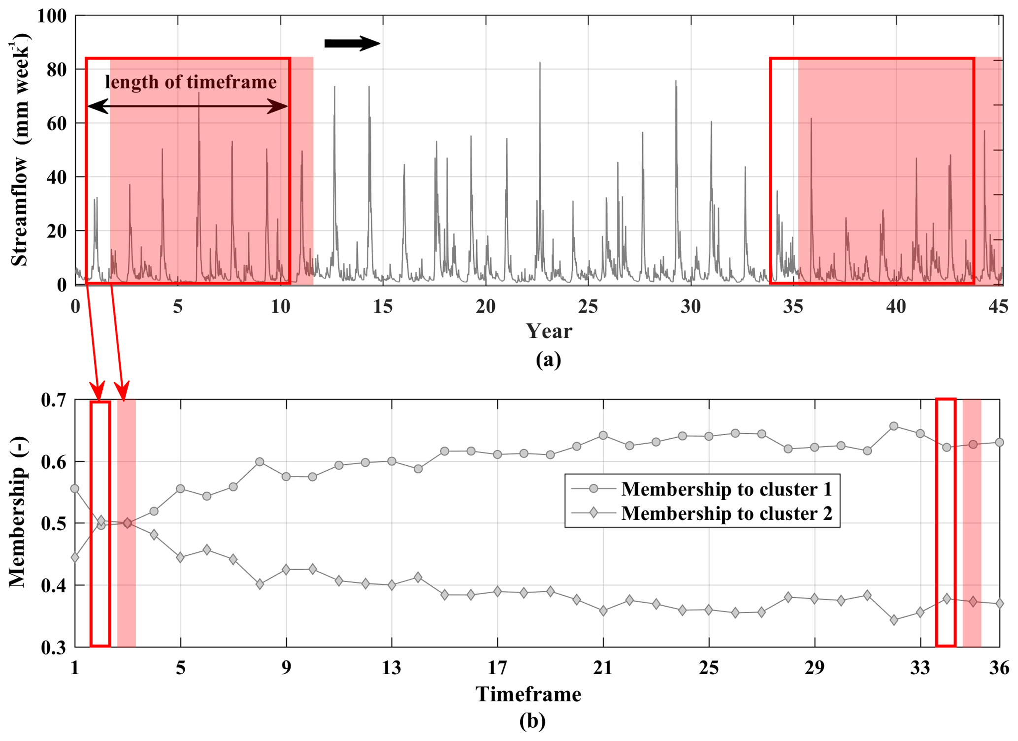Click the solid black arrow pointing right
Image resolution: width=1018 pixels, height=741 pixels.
pos(352,43)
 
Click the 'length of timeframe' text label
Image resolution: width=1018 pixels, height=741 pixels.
pos(191,82)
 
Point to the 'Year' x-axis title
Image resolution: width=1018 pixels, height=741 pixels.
pos(549,331)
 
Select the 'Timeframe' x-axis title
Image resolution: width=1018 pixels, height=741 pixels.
pos(528,694)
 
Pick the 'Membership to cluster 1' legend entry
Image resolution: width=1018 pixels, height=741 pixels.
pos(726,489)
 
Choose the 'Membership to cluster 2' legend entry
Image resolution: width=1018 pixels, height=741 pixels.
pos(726,513)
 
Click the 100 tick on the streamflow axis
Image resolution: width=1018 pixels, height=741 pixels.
pos(51,16)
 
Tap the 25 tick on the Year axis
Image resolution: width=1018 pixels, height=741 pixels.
pos(588,307)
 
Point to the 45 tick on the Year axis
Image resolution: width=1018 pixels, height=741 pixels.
pos(998,307)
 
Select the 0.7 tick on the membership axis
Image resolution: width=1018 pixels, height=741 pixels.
pos(54,400)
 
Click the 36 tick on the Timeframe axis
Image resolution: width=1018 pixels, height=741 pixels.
pos(999,668)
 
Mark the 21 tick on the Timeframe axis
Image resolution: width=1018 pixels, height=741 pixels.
pos(603,668)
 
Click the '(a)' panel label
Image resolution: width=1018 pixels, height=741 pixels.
pos(548,359)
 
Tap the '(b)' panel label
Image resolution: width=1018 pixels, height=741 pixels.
pos(532,721)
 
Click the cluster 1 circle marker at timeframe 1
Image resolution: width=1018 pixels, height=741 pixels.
pos(75,488)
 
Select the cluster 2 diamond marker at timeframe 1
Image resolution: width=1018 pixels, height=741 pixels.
pos(75,558)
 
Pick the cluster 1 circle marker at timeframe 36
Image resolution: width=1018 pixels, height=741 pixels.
pos(999,442)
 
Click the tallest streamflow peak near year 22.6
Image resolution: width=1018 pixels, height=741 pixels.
pos(540,63)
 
